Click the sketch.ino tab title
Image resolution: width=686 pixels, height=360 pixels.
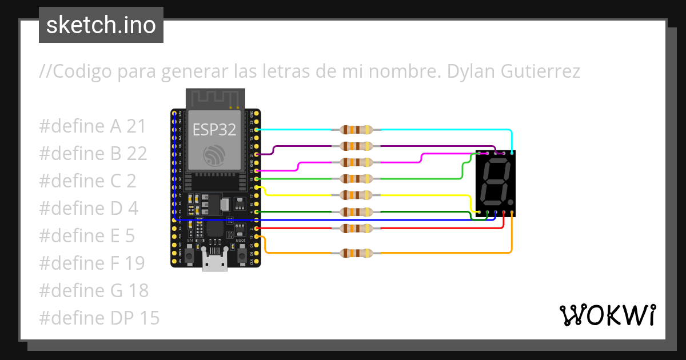tap(101, 25)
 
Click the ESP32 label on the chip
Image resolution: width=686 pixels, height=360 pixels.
tap(214, 130)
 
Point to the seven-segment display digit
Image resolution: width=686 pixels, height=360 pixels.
tap(494, 182)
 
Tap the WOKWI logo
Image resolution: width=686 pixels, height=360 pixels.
tap(607, 315)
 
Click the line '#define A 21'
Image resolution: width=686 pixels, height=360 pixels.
tap(93, 126)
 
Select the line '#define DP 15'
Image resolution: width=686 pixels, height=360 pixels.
tap(99, 318)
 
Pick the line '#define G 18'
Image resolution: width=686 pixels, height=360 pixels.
tap(94, 290)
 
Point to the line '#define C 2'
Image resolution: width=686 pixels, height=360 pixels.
tap(87, 181)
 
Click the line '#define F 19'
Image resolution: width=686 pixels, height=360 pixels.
tap(92, 263)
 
